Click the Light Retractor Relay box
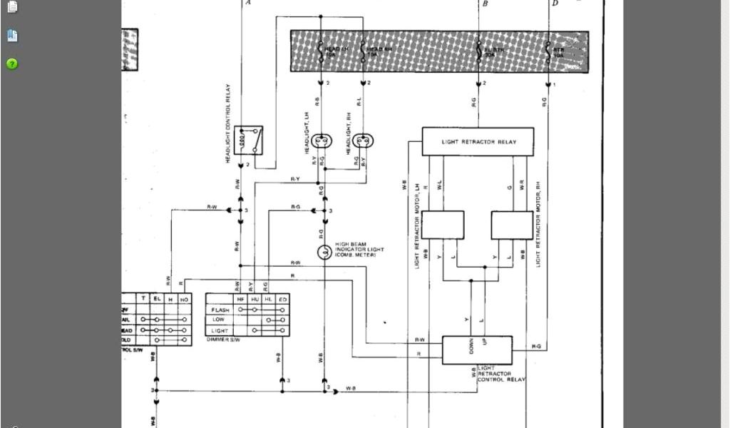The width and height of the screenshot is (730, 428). click(x=478, y=141)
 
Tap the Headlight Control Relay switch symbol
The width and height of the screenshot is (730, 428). click(x=249, y=141)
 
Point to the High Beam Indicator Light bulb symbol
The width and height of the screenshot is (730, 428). click(x=324, y=251)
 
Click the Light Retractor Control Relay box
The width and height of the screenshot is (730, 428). click(x=477, y=350)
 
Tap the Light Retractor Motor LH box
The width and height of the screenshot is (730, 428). click(x=442, y=225)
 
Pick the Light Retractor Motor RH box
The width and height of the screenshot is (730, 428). click(x=512, y=225)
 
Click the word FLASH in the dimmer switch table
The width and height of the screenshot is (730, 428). click(x=220, y=310)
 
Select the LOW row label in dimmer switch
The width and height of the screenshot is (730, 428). click(x=218, y=320)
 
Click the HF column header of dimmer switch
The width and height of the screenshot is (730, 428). click(x=240, y=300)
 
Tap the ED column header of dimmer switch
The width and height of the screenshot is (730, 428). click(x=282, y=300)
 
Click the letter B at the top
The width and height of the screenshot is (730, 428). click(x=485, y=4)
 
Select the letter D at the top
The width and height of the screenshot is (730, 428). click(x=555, y=4)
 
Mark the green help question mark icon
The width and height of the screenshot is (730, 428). click(x=12, y=63)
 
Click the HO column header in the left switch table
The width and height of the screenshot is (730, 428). click(x=184, y=300)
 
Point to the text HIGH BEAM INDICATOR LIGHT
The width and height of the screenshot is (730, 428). click(x=359, y=249)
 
